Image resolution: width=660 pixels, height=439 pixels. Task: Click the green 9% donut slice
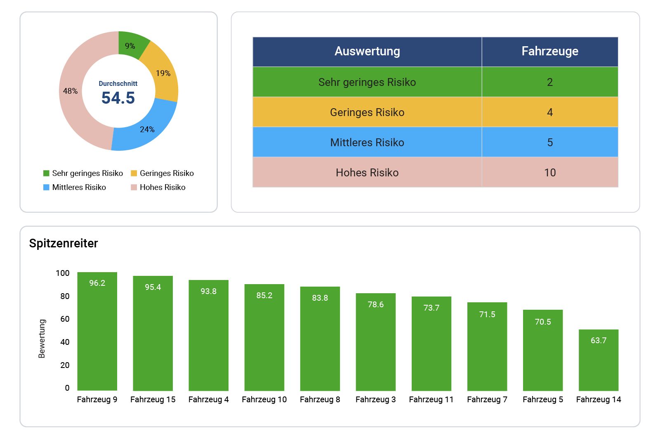click(x=131, y=45)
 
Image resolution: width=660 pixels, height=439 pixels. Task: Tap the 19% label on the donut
click(x=163, y=74)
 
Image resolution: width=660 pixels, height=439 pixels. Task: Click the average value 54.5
click(x=118, y=98)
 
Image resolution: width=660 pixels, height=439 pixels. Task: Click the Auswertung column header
click(x=367, y=51)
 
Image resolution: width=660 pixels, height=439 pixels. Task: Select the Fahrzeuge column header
click(x=549, y=51)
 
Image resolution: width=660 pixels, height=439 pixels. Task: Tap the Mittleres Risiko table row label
click(x=367, y=142)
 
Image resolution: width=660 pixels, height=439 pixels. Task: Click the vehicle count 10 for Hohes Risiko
click(x=549, y=173)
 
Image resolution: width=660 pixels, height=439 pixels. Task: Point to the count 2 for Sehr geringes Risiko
click(x=549, y=82)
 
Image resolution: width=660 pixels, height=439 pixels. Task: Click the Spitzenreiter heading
click(x=64, y=243)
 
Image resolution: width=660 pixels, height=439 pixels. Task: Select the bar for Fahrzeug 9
click(x=97, y=335)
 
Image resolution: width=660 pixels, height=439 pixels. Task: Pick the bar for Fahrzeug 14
click(x=598, y=363)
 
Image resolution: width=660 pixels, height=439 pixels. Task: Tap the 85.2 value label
click(x=264, y=296)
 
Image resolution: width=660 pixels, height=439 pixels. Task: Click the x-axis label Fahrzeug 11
click(x=431, y=399)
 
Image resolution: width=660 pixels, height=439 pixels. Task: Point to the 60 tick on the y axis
click(x=65, y=319)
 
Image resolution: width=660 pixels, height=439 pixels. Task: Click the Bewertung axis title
click(x=42, y=339)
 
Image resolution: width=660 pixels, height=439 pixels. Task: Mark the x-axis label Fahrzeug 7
click(x=487, y=399)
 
